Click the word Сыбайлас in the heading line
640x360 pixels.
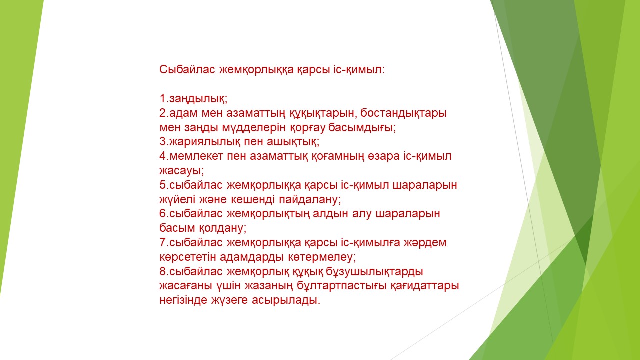point(187,69)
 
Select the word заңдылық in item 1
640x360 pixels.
point(197,99)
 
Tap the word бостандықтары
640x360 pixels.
point(403,113)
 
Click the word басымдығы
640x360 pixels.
point(361,127)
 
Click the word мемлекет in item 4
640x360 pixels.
point(196,156)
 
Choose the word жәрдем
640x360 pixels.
point(425,243)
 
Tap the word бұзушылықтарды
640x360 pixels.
point(374,271)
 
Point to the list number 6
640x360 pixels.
point(163,214)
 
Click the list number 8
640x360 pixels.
point(163,271)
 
